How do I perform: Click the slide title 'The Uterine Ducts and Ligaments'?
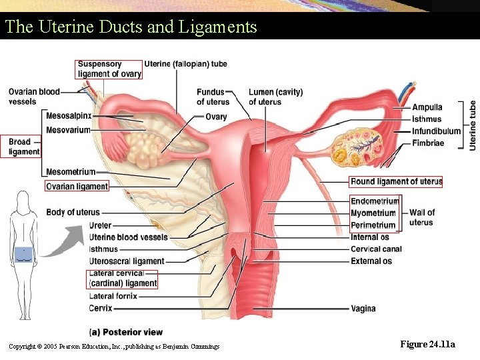click(x=130, y=27)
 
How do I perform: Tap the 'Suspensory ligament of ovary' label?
click(x=109, y=69)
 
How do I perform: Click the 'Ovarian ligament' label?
click(x=77, y=187)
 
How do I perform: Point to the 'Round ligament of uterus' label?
click(x=396, y=181)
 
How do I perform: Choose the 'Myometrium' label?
click(x=373, y=213)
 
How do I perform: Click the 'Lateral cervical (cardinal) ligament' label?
click(x=123, y=279)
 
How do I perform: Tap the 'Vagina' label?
click(x=363, y=309)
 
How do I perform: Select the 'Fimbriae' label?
click(x=427, y=143)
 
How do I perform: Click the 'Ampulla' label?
click(x=427, y=107)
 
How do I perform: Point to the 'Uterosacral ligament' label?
click(x=127, y=261)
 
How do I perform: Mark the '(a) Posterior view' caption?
click(x=126, y=332)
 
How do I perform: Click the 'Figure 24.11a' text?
click(x=427, y=344)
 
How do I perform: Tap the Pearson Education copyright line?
click(x=114, y=345)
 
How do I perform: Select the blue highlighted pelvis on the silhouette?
click(x=24, y=253)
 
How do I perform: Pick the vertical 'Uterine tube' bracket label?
click(x=473, y=125)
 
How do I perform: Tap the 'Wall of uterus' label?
click(x=421, y=217)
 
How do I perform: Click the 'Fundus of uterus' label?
click(x=213, y=97)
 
